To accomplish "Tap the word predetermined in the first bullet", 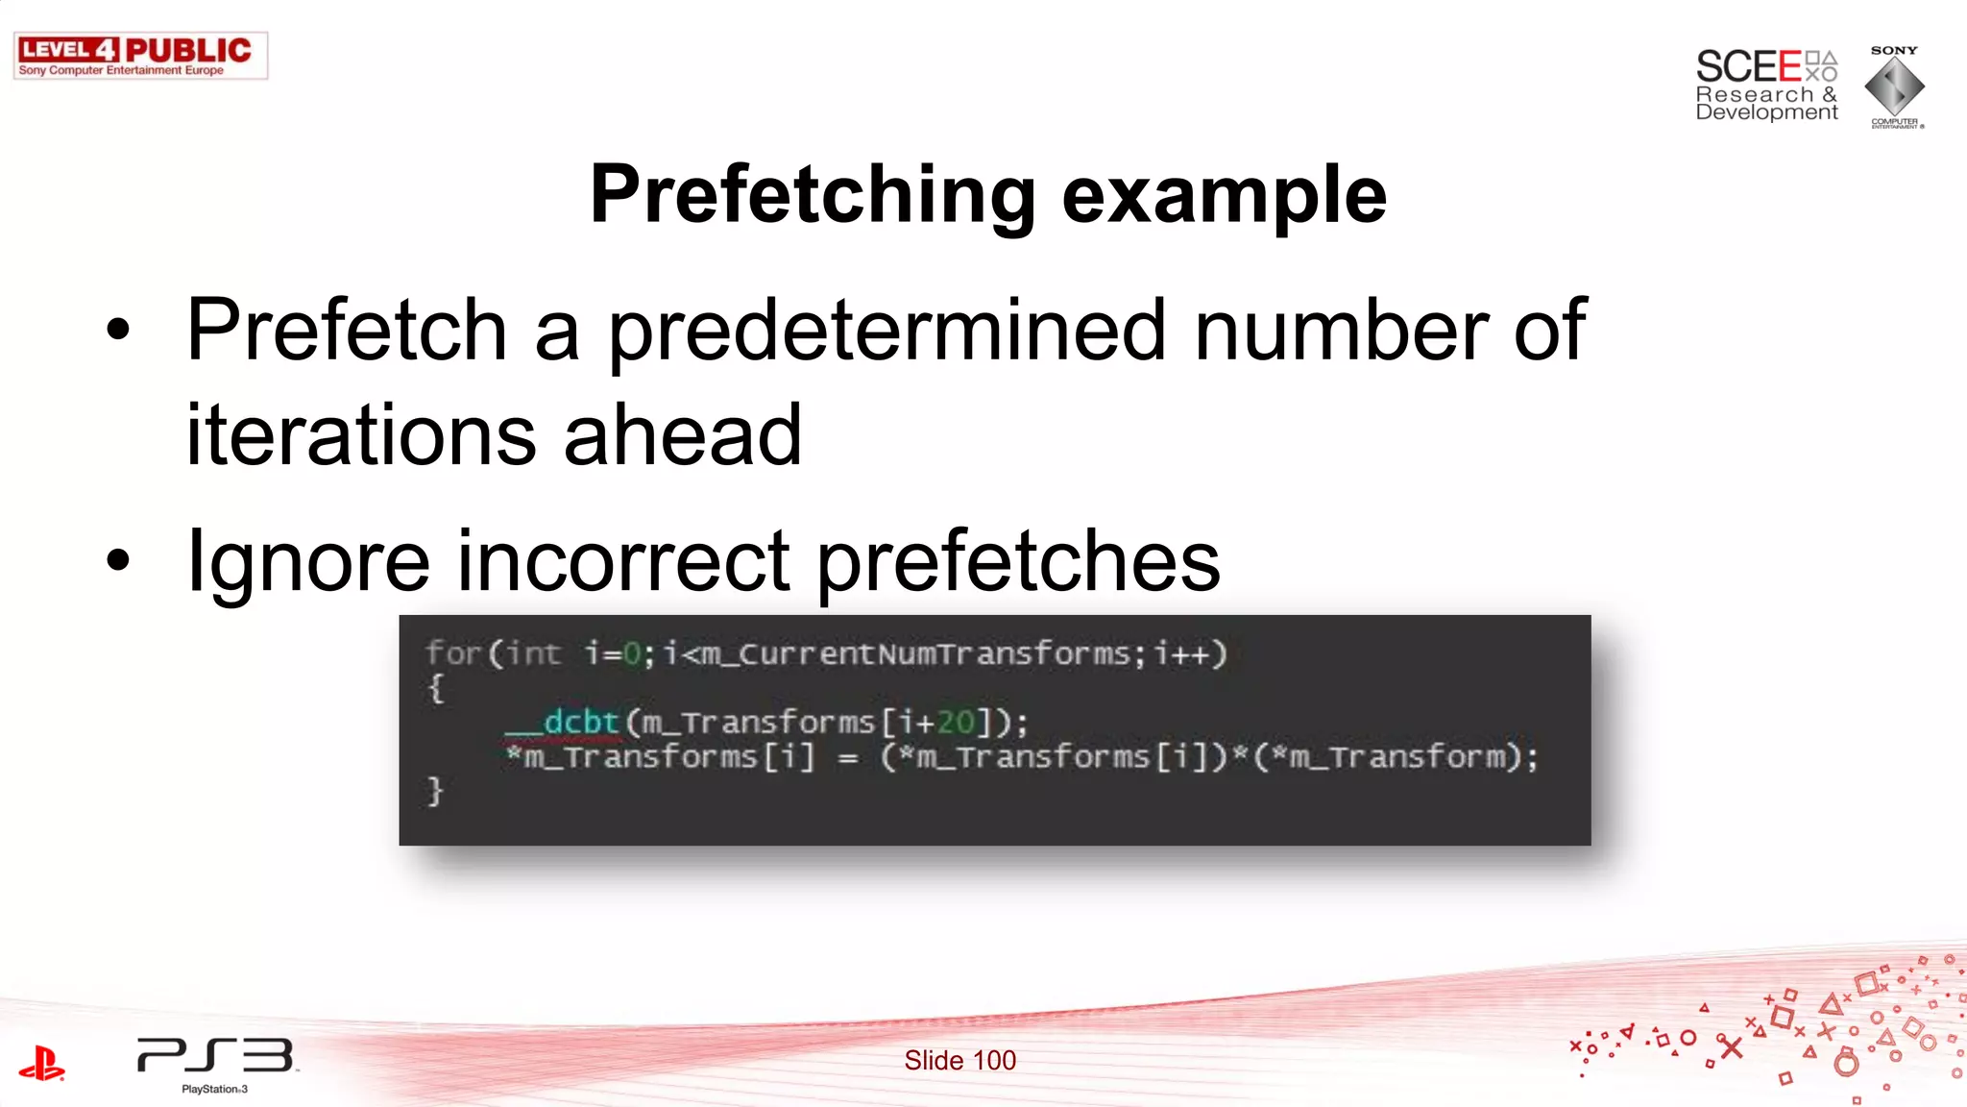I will click(886, 332).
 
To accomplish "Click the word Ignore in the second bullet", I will click(308, 562).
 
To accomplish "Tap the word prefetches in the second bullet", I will click(1018, 562).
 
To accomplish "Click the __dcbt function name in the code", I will click(564, 722).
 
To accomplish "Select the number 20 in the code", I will click(956, 722).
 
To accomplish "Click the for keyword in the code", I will click(452, 653).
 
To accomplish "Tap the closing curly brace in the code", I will click(435, 791).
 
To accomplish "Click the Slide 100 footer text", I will click(959, 1060).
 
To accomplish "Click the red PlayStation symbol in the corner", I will click(42, 1064).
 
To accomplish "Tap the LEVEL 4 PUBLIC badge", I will click(140, 56).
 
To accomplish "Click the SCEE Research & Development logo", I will click(1766, 86).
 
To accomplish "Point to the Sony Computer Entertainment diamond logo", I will click(1894, 86).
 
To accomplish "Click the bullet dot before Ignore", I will click(118, 560).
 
